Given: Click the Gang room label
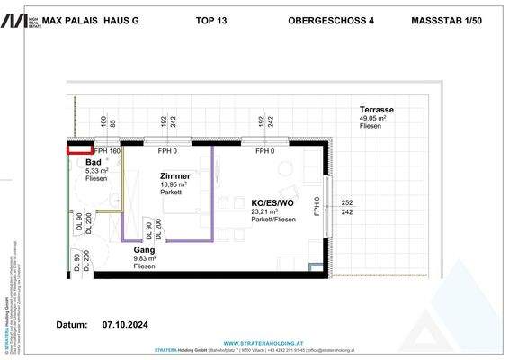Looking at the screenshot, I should point(143,249).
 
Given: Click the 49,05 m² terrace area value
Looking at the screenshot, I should point(374,117).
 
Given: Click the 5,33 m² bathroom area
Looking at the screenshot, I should point(97,170).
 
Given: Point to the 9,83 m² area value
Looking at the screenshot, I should point(146,258).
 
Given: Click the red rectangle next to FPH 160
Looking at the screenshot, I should point(79,150).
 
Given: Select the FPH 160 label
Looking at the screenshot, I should point(106,151).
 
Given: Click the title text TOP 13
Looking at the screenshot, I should point(210,19).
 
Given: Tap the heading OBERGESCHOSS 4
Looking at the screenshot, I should point(329,19).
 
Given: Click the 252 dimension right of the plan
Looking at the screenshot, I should point(346,203).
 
